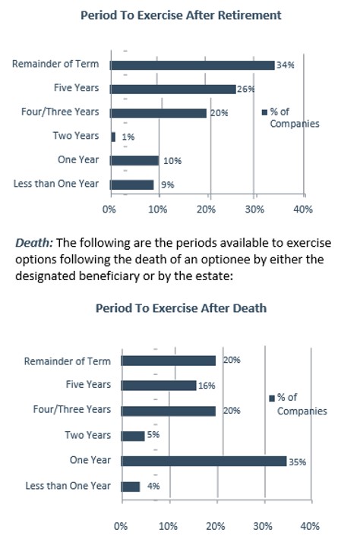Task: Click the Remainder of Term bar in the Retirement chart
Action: (192, 65)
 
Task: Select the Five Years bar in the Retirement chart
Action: (172, 89)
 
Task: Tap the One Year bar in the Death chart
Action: (203, 461)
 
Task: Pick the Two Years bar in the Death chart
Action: (132, 436)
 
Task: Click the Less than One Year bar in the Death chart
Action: (130, 486)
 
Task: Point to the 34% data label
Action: (286, 65)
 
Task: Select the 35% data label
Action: (298, 461)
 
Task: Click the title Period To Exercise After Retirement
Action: (180, 15)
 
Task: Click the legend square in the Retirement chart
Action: (264, 112)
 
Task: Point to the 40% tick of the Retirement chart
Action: (303, 209)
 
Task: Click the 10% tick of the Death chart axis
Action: (168, 525)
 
